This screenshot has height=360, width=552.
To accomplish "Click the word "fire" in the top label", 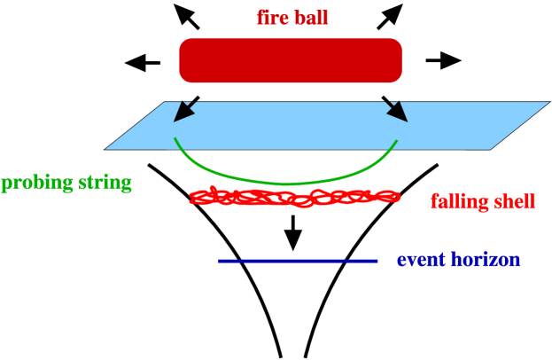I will click(274, 18).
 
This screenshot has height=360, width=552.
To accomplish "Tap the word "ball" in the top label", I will click(311, 18).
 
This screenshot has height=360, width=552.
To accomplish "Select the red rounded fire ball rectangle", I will click(291, 60).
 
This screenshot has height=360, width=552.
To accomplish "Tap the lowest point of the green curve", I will click(285, 184).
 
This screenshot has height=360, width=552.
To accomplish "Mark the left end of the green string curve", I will click(175, 138).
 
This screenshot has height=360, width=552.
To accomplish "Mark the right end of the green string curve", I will click(397, 139).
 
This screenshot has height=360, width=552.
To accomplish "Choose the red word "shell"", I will click(513, 202).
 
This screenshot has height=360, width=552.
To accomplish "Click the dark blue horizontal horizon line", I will click(299, 261).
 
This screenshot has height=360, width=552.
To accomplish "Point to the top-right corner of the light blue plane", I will click(549, 102).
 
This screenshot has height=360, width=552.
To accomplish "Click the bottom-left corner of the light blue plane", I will click(105, 149).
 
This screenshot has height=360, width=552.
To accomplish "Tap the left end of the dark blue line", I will click(220, 261).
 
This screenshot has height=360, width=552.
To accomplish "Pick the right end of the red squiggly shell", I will click(399, 198).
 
